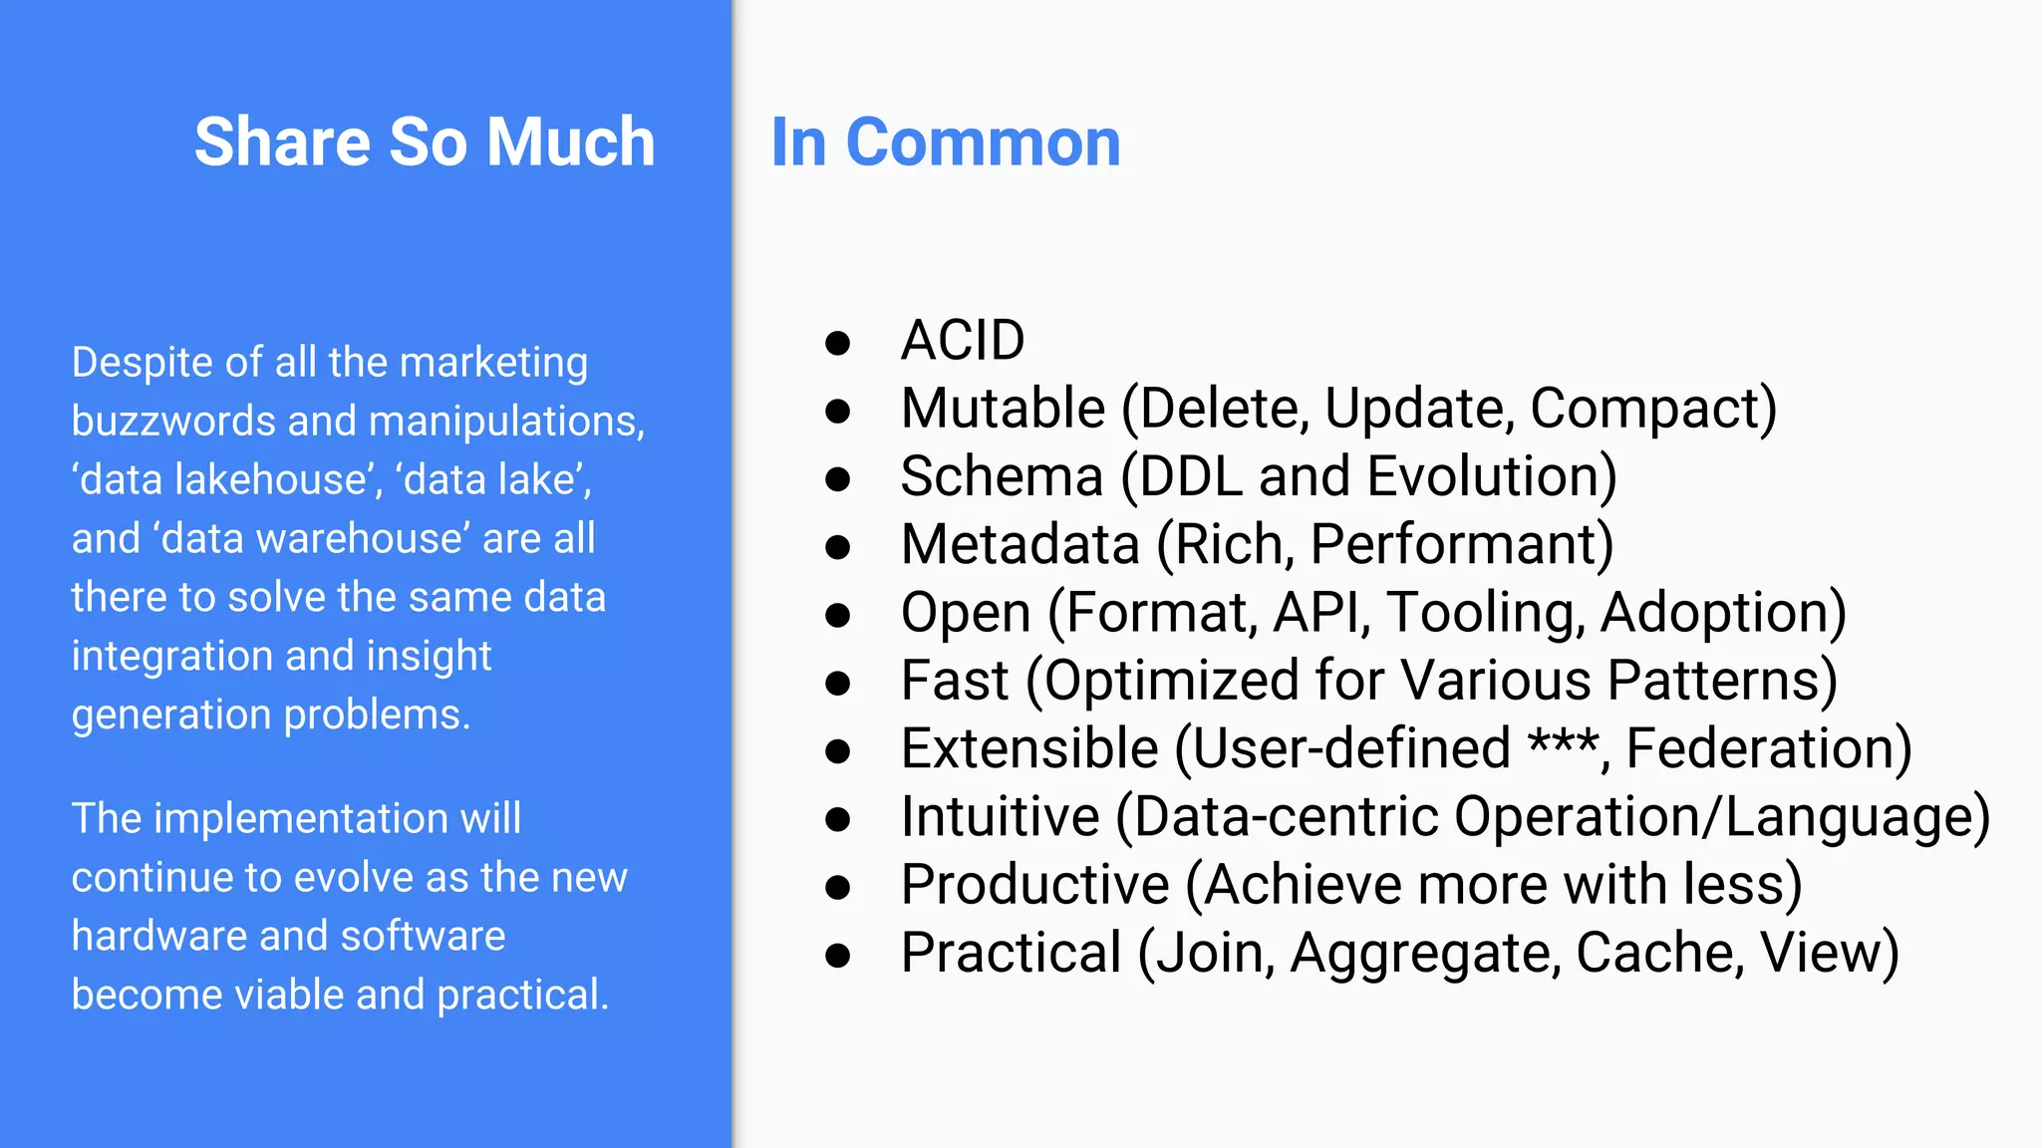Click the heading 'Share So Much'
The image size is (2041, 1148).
click(x=425, y=142)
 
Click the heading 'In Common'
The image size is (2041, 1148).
click(x=946, y=143)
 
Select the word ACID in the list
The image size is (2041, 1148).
click(x=963, y=341)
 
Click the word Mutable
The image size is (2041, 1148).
click(x=1003, y=409)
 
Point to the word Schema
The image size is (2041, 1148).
click(x=1002, y=476)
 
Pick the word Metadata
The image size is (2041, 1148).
click(x=1020, y=545)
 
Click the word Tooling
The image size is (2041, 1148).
click(x=1484, y=613)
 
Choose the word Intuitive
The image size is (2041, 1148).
click(x=1000, y=817)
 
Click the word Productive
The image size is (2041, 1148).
click(x=1034, y=885)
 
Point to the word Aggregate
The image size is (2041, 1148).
click(x=1425, y=954)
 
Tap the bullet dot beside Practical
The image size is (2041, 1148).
click(x=838, y=956)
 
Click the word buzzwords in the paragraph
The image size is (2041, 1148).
click(x=173, y=421)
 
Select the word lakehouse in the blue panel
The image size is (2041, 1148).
click(x=271, y=479)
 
